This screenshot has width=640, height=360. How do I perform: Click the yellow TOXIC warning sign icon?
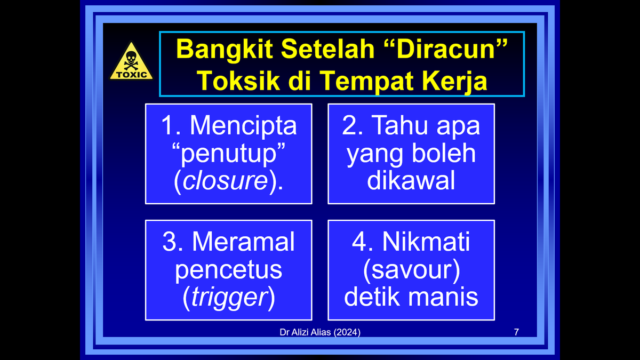coord(131,62)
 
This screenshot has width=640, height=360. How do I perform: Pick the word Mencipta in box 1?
coord(243,126)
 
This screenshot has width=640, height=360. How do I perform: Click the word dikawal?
coord(411,181)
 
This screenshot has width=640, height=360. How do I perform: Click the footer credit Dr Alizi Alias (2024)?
coord(319,332)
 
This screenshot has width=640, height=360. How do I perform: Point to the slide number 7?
coord(516,332)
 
